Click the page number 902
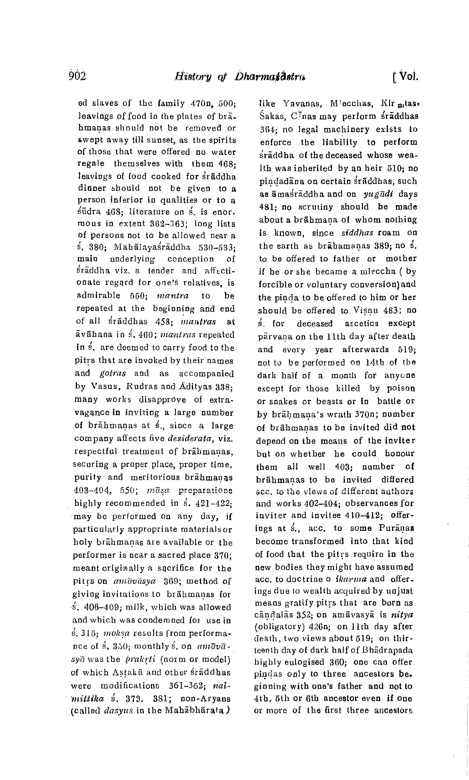[x=77, y=76]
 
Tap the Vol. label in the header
[x=409, y=76]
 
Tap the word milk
[x=134, y=608]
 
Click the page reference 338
[x=224, y=387]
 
